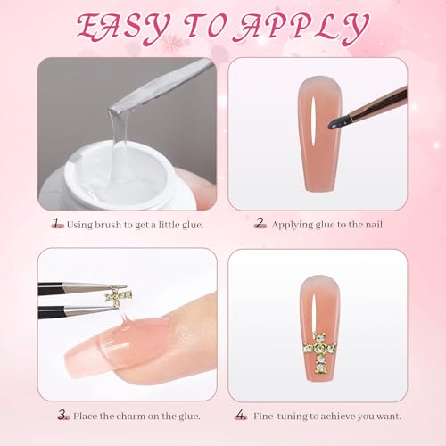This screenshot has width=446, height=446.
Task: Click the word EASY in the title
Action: tap(123, 29)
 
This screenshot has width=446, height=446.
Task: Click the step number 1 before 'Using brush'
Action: tap(57, 223)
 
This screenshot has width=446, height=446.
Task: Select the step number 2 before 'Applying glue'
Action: tap(260, 223)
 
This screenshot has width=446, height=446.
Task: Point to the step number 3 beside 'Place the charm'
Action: tap(63, 415)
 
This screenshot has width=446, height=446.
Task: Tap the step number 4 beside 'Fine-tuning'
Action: tap(241, 415)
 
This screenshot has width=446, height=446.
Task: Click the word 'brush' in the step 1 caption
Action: tap(108, 225)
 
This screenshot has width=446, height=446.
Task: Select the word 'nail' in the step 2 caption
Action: tap(375, 225)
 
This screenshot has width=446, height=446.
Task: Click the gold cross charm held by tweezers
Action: tap(118, 295)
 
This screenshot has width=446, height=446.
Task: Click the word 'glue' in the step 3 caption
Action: tap(188, 417)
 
